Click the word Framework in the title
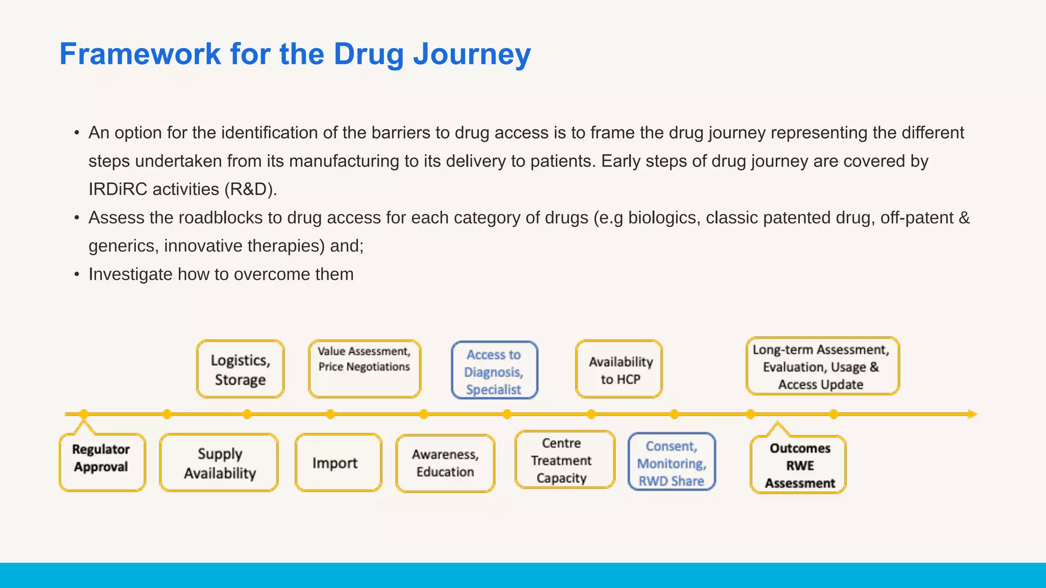[140, 54]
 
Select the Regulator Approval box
[102, 462]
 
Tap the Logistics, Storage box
[240, 370]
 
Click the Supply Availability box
[219, 463]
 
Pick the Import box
[338, 463]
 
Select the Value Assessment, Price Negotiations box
[364, 369]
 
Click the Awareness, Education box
[445, 463]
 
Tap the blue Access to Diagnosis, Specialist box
[494, 371]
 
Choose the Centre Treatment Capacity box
[564, 460]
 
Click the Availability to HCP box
[620, 370]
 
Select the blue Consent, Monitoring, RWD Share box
[671, 462]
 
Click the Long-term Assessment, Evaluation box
[821, 366]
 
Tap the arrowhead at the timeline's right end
[971, 414]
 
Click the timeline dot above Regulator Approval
[84, 414]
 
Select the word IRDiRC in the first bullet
[118, 189]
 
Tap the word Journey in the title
[472, 54]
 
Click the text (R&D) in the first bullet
[250, 189]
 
